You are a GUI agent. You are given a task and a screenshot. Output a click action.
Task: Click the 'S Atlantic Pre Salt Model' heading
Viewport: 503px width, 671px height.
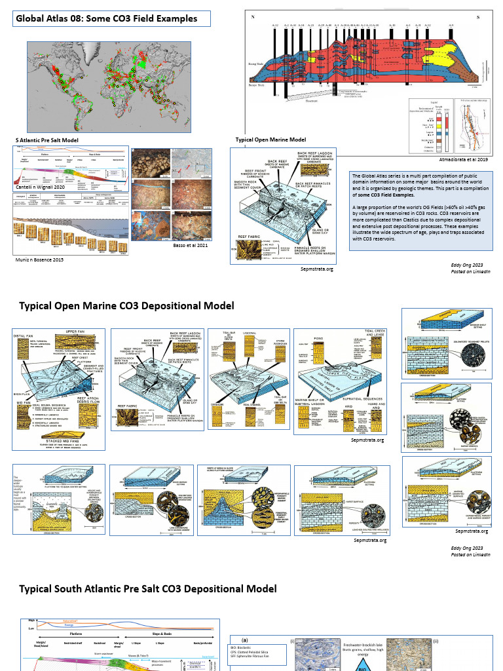[46, 140]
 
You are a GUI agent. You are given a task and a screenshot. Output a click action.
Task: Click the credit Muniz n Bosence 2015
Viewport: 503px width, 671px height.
[39, 259]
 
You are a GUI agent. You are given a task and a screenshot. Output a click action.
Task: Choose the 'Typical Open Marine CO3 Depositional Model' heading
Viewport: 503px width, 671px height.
[126, 306]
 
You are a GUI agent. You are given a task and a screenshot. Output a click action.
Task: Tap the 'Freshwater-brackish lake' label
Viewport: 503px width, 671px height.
[370, 645]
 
